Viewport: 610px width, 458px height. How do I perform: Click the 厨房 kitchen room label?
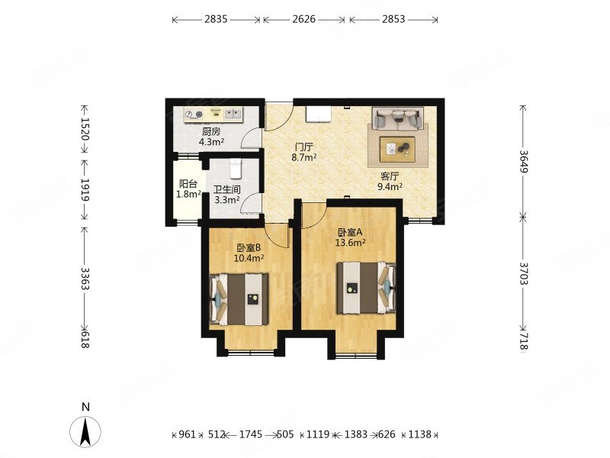coord(211,131)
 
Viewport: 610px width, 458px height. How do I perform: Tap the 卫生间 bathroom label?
coord(226,189)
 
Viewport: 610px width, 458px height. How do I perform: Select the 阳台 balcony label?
coord(188,184)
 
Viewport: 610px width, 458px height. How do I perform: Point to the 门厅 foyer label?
coord(303,147)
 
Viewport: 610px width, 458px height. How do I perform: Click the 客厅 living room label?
coord(390,176)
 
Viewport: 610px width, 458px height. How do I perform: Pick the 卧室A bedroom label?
coord(350,232)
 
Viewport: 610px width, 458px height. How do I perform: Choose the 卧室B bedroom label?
coord(249,247)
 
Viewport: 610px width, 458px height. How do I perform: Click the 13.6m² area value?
coord(350,243)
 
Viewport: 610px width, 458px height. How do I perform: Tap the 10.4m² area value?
coord(249,258)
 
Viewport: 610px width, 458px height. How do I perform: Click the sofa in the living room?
coord(397,118)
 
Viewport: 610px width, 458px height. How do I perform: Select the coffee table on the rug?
coord(397,148)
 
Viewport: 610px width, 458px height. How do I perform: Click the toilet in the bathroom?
coord(236,168)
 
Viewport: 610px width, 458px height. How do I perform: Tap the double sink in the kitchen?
coord(233,114)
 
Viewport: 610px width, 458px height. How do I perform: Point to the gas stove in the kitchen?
coord(194,114)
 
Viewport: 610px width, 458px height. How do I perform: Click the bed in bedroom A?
coord(366,288)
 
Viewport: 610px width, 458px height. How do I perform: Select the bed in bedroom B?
coord(239,299)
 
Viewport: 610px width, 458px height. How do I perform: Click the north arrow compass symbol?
coord(85,431)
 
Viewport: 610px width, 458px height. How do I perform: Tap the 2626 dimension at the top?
coord(303,19)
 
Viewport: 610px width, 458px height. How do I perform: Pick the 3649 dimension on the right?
coord(523,161)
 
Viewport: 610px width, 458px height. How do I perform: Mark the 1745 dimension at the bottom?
coord(251,434)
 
